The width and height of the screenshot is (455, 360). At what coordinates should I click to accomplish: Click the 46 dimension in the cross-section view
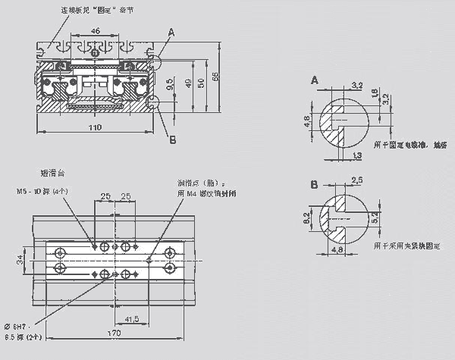point(96,30)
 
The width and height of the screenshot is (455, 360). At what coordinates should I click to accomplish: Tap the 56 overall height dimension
point(215,78)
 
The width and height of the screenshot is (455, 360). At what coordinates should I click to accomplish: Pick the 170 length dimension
point(115,330)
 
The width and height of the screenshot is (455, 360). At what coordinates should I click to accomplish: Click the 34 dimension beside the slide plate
point(20,261)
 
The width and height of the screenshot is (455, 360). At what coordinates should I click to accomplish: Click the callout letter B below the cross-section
point(172,139)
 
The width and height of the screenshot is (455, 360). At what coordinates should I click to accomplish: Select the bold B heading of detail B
point(315,184)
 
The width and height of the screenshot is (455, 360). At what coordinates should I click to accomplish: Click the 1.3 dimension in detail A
point(357,155)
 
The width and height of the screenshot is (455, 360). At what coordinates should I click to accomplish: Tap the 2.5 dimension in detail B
point(356,180)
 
